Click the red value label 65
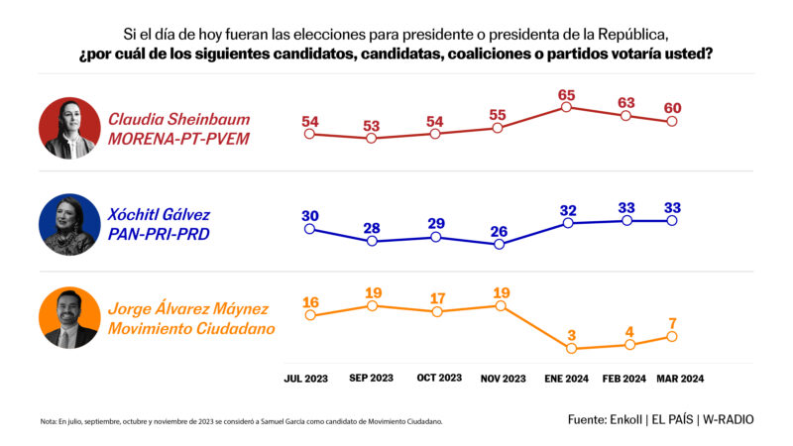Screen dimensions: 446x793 [x=566, y=95]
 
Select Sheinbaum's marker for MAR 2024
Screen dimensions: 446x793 [x=672, y=121]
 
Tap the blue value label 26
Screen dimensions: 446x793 [x=499, y=231]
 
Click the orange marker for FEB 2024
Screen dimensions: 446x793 [x=626, y=345]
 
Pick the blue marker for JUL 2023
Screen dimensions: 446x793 [x=309, y=229]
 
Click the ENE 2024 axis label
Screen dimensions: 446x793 [x=566, y=378]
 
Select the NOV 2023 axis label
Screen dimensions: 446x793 [x=502, y=378]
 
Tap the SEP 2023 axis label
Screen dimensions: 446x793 [x=371, y=378]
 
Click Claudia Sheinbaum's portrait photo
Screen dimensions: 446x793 [x=68, y=127]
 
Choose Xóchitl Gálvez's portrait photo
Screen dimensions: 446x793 [x=68, y=224]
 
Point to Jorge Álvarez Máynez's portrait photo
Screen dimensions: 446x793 [x=68, y=318]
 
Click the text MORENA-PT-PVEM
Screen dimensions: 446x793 [x=178, y=139]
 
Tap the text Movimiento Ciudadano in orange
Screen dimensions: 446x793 [x=190, y=329]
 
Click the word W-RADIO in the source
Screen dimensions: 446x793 [x=728, y=419]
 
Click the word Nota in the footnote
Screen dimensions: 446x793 [x=49, y=421]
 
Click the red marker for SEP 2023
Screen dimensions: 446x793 [x=371, y=139]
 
